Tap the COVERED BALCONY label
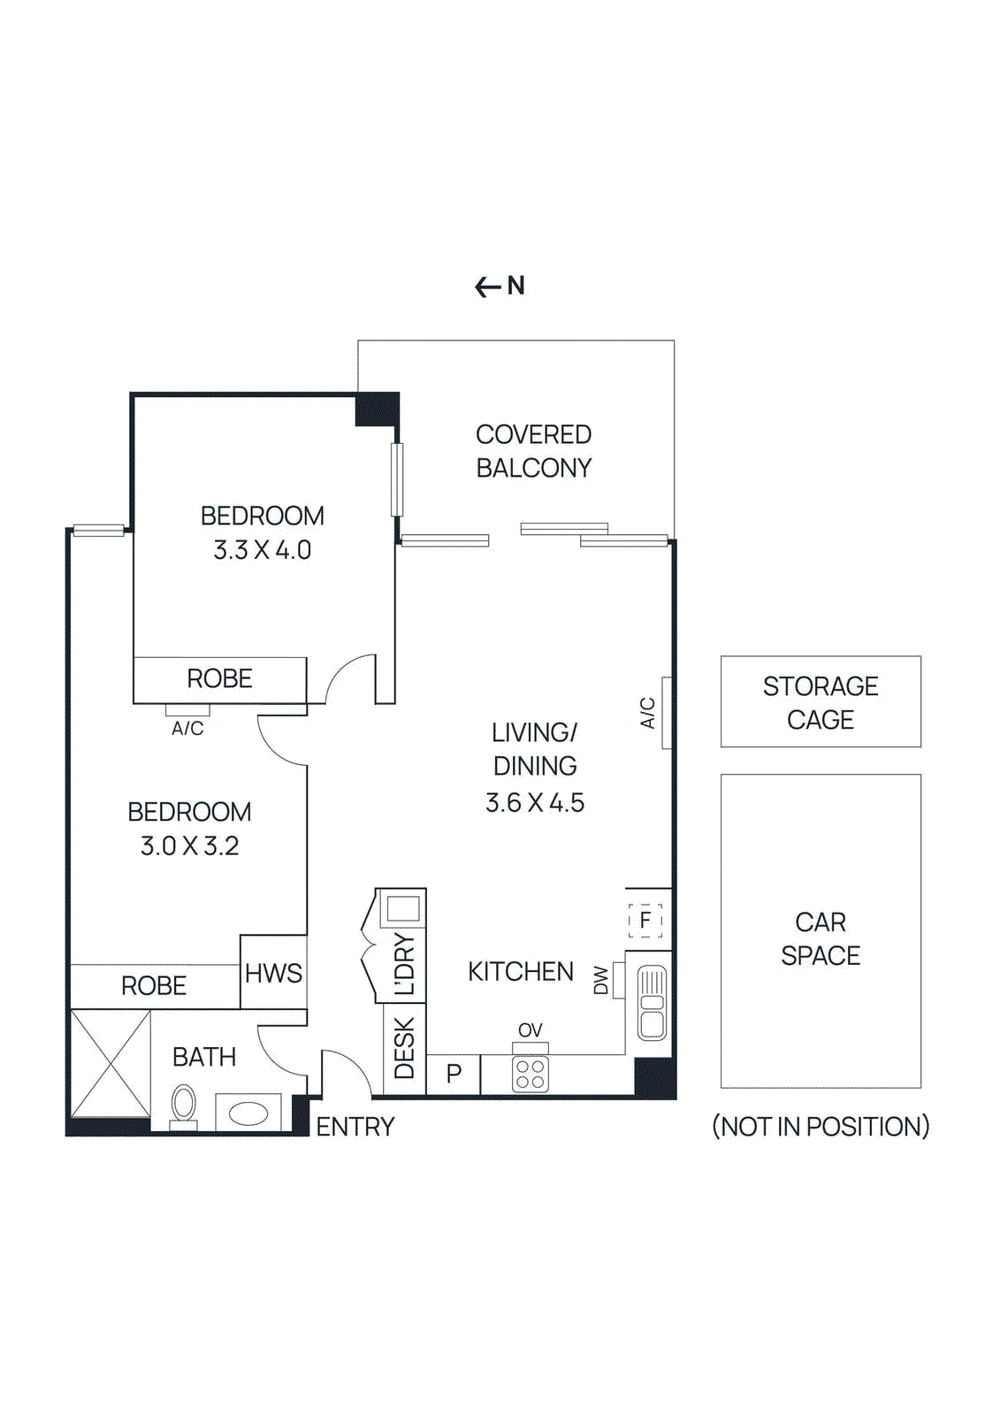pyautogui.click(x=533, y=451)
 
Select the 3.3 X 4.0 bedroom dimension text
pyautogui.click(x=262, y=550)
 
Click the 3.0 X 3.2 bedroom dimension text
pyautogui.click(x=189, y=846)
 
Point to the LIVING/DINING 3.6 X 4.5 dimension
pyautogui.click(x=534, y=803)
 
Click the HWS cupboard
pyautogui.click(x=273, y=973)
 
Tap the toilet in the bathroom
pyautogui.click(x=184, y=1105)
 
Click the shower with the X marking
pyautogui.click(x=111, y=1064)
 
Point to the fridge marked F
pyautogui.click(x=645, y=920)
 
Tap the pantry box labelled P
pyautogui.click(x=454, y=1075)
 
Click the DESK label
pyautogui.click(x=404, y=1049)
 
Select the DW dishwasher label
pyautogui.click(x=602, y=980)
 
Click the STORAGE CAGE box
pyautogui.click(x=820, y=702)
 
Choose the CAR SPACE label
pyautogui.click(x=820, y=939)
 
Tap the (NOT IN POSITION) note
pyautogui.click(x=820, y=1127)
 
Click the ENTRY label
pyautogui.click(x=355, y=1127)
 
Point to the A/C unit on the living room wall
pyautogui.click(x=666, y=713)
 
